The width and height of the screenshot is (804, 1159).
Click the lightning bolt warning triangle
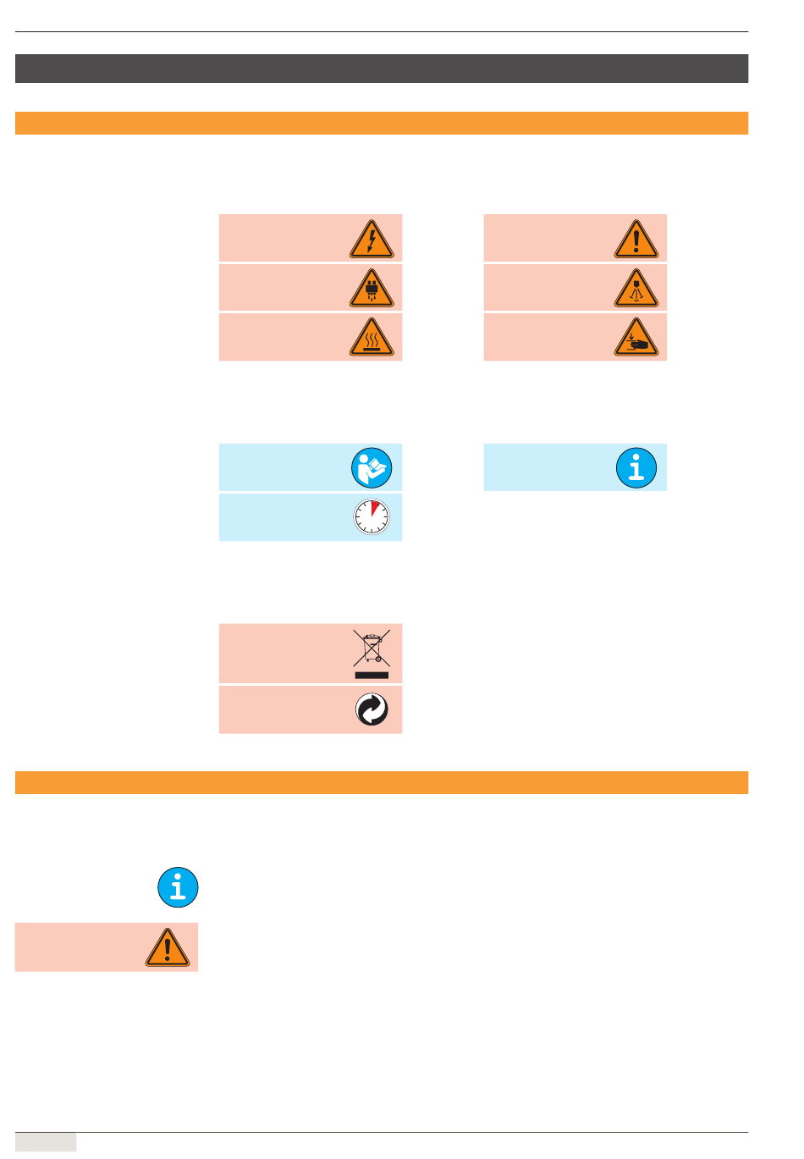tap(372, 240)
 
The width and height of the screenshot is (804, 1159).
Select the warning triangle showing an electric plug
tap(372, 290)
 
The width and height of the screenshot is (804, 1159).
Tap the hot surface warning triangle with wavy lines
tap(372, 339)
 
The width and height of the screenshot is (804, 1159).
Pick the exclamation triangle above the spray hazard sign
tap(636, 240)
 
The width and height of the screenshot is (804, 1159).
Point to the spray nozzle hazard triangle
tap(636, 290)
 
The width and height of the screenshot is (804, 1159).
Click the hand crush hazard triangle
tap(636, 339)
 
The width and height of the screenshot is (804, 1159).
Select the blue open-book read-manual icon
tap(372, 467)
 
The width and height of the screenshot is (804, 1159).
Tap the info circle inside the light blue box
tap(636, 467)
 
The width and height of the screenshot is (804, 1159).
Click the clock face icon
tap(372, 517)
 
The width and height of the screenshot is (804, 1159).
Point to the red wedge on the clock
tap(376, 509)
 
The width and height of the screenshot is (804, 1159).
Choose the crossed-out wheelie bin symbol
tap(372, 648)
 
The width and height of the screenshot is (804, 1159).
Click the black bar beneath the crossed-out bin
tap(372, 675)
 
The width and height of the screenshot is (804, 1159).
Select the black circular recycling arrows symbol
tap(372, 709)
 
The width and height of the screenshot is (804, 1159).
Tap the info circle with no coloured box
tap(178, 888)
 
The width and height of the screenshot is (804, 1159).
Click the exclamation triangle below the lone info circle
tap(168, 948)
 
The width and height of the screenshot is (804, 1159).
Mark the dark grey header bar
tap(382, 69)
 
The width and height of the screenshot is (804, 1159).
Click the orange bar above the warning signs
tap(382, 124)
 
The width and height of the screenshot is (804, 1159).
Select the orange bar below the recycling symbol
tap(382, 782)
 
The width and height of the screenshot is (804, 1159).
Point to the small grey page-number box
tap(46, 1142)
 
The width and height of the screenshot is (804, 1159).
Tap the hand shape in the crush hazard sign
tap(639, 345)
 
